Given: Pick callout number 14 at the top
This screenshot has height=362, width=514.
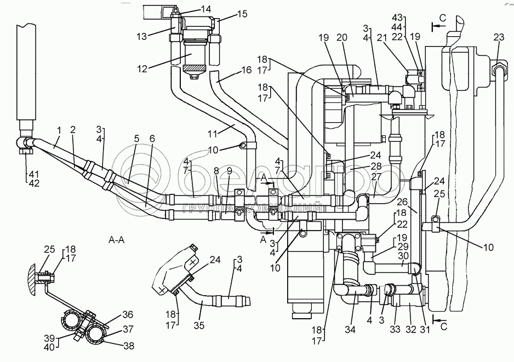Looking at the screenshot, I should (x=190, y=9).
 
